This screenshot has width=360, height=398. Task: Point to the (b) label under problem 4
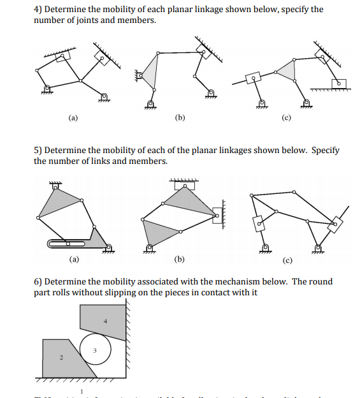pos(180,118)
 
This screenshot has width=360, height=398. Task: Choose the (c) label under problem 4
pos(285,118)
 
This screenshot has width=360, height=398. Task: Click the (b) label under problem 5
pos(180,260)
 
